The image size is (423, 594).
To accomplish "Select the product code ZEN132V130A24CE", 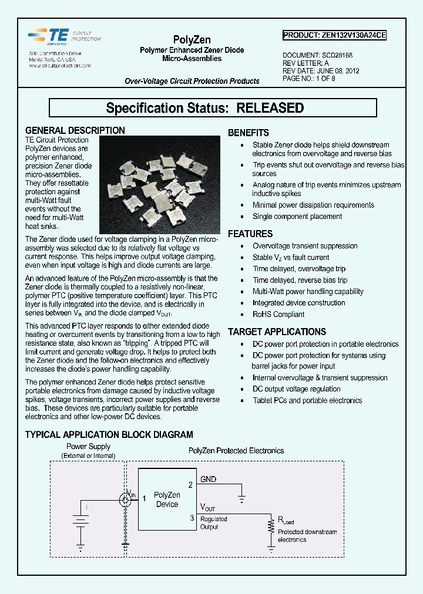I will click(334, 35).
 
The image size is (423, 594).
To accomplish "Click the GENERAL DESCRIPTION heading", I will click(75, 130).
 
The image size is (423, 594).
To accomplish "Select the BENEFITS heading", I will click(248, 133).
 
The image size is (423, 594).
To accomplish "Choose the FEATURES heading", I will click(250, 234).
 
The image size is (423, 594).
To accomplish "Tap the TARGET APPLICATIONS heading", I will click(277, 332).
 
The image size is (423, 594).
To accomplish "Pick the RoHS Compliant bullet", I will click(278, 314).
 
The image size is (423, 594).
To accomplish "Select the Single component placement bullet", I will click(297, 216).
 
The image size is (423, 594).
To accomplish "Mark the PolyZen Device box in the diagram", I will click(167, 500).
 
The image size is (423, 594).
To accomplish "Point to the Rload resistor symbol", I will click(271, 525).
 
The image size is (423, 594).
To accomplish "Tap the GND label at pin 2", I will click(208, 480).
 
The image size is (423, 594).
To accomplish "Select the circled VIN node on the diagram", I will click(125, 500).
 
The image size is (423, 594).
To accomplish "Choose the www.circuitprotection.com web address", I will click(60, 66).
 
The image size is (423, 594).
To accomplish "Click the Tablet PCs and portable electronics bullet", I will click(307, 400).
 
